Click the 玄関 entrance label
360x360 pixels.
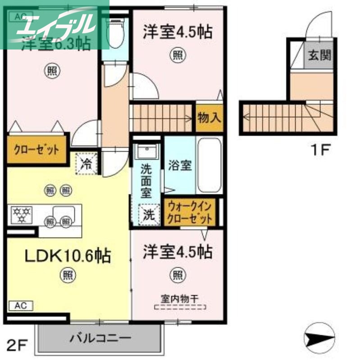pyautogui.click(x=319, y=56)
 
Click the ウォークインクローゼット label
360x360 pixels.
pyautogui.click(x=190, y=213)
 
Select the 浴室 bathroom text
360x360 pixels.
pyautogui.click(x=180, y=166)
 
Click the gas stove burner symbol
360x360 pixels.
pyautogui.click(x=20, y=215)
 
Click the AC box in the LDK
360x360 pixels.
pyautogui.click(x=21, y=306)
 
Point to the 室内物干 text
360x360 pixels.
pyautogui.click(x=180, y=298)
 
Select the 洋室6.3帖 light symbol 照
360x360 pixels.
pyautogui.click(x=52, y=71)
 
